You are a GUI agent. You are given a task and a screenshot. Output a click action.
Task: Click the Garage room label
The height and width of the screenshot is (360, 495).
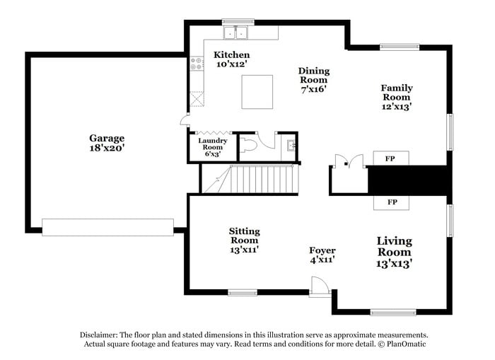pyautogui.click(x=107, y=144)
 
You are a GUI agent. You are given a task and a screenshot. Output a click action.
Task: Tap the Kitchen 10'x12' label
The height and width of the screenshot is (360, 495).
pyautogui.click(x=232, y=59)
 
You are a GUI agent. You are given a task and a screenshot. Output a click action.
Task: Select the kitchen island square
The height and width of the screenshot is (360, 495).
pyautogui.click(x=257, y=92)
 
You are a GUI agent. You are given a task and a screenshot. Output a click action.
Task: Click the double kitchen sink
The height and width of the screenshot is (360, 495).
pyautogui.click(x=236, y=33)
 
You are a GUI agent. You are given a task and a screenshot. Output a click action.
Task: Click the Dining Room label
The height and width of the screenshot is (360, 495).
pyautogui.click(x=313, y=80)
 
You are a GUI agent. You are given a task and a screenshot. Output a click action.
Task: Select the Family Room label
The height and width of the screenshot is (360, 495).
pyautogui.click(x=397, y=97)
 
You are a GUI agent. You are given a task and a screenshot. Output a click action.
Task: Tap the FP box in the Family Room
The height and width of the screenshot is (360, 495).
pyautogui.click(x=390, y=158)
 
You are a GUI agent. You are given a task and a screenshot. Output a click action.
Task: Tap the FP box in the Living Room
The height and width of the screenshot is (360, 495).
pyautogui.click(x=392, y=202)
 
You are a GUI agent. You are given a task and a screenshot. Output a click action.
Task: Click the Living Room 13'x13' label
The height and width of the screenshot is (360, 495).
pyautogui.click(x=394, y=252)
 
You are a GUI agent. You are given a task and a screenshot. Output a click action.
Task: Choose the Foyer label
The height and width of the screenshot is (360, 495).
pyautogui.click(x=322, y=255)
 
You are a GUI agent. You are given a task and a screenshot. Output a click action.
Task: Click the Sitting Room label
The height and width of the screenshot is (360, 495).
pyautogui.click(x=244, y=240)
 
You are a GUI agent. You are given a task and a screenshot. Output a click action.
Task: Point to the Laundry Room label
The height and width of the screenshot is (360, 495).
pyautogui.click(x=212, y=147)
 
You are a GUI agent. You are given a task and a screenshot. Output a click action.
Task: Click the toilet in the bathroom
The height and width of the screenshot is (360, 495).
pyautogui.click(x=248, y=145)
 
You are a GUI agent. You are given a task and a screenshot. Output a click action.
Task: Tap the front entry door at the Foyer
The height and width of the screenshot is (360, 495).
pyautogui.click(x=320, y=286)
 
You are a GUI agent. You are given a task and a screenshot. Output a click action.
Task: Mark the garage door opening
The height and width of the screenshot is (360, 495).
pyautogui.click(x=107, y=227)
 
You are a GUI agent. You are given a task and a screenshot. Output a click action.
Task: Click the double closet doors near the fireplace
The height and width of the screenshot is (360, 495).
pyautogui.click(x=349, y=161)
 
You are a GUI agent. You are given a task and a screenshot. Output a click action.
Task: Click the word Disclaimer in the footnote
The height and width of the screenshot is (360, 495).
pyautogui.click(x=100, y=335)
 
